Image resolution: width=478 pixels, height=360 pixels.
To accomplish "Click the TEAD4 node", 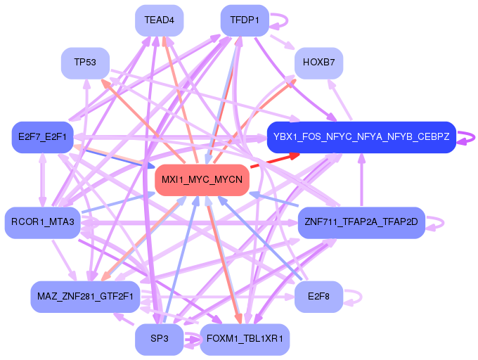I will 159,20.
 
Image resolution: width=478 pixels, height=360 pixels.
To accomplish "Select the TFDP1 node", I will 245,20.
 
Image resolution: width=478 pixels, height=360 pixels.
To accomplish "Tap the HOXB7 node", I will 318,63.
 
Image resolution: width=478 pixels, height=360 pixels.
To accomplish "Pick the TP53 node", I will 85,63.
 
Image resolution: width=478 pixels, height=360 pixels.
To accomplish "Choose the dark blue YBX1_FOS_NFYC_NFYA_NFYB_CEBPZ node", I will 361,136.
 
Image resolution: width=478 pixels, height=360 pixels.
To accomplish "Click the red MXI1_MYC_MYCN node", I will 202,180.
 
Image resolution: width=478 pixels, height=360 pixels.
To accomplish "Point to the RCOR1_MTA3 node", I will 42,223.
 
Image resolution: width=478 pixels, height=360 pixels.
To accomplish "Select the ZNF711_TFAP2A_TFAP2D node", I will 361,223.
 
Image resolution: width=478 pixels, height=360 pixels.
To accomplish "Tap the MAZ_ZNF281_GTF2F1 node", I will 85,296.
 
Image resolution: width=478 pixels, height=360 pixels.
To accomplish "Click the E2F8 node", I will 318,296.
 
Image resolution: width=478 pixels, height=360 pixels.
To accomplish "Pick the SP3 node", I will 159,340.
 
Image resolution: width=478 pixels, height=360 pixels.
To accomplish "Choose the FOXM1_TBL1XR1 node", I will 245,340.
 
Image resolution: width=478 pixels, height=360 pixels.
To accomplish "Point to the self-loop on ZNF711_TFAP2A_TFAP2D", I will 438,223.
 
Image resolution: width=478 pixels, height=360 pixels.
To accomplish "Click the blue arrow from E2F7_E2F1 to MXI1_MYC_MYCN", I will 112,157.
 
